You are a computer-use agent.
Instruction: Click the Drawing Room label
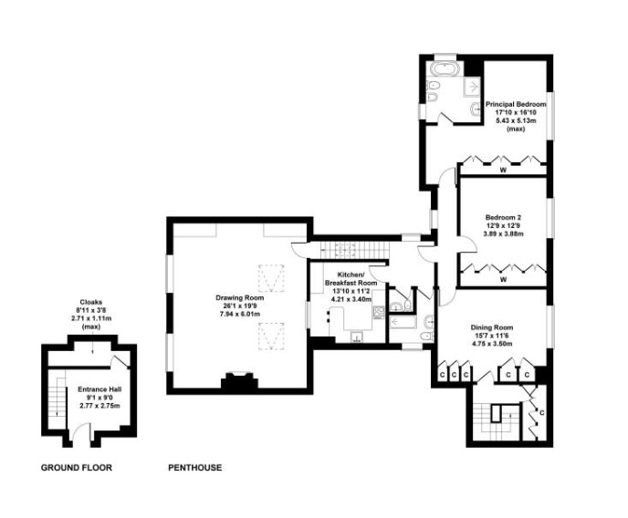click(239, 298)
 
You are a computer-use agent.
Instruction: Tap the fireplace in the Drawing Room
click(239, 380)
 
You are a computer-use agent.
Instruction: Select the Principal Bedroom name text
click(516, 104)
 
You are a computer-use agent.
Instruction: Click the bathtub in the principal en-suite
click(446, 69)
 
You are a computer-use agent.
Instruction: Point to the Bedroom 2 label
click(503, 218)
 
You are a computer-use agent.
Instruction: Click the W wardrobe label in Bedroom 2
click(504, 280)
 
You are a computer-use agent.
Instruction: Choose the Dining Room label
click(492, 327)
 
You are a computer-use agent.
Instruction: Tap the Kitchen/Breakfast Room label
click(351, 279)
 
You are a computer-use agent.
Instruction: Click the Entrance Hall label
click(99, 389)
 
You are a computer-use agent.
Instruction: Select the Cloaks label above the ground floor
click(90, 302)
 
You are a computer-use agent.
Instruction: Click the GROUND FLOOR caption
click(77, 467)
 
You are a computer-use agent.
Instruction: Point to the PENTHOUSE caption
click(195, 467)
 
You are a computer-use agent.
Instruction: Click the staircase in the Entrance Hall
click(57, 399)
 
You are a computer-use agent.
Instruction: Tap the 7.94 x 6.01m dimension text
click(240, 314)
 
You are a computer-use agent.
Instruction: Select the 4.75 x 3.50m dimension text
click(492, 344)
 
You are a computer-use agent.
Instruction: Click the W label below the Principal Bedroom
click(504, 170)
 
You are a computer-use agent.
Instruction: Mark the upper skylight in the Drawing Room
click(271, 277)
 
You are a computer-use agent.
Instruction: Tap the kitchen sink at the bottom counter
click(357, 337)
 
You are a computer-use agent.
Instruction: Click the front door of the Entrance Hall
click(76, 434)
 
